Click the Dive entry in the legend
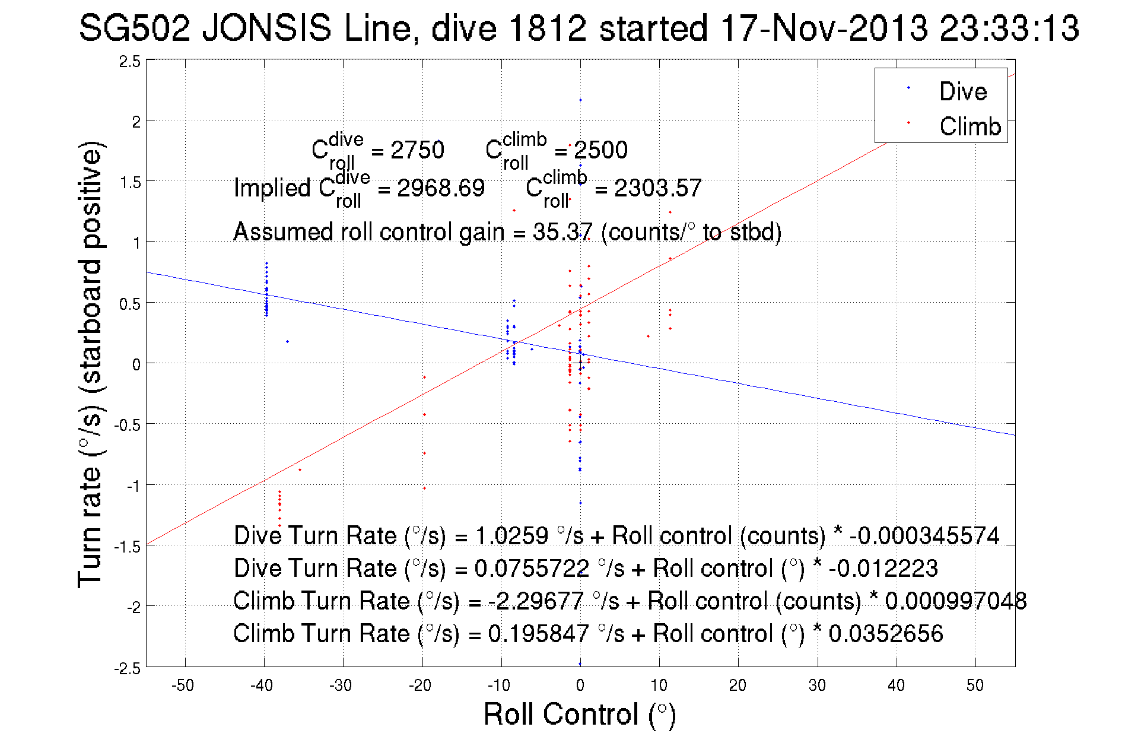(962, 91)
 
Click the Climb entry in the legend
(970, 126)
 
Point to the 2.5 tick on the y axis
(131, 62)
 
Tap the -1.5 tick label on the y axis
(128, 547)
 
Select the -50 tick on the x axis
(183, 685)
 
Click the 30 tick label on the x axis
(817, 685)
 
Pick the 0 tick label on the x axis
(580, 685)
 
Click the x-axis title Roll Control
(579, 714)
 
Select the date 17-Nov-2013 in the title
(824, 28)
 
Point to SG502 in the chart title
(135, 28)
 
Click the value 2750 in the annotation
(417, 150)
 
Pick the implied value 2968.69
(441, 188)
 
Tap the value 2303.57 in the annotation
(657, 188)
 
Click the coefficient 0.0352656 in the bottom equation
(885, 633)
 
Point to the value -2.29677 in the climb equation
(536, 601)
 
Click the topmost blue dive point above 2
(580, 100)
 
